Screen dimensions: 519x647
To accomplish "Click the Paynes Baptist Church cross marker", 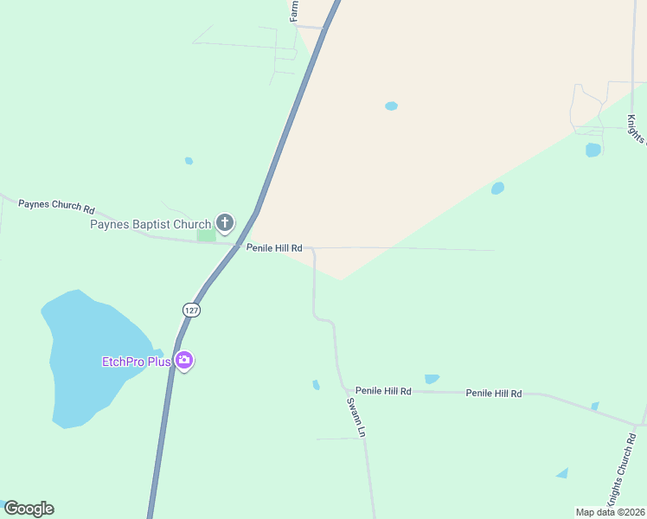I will pyautogui.click(x=225, y=224).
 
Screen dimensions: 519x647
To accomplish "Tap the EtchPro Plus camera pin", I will pyautogui.click(x=183, y=361).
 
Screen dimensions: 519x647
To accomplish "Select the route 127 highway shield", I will pyautogui.click(x=192, y=310).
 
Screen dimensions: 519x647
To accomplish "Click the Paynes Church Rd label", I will pyautogui.click(x=57, y=206).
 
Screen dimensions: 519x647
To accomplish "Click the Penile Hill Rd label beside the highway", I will pyautogui.click(x=273, y=248).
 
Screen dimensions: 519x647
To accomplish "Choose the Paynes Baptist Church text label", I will pyautogui.click(x=151, y=225).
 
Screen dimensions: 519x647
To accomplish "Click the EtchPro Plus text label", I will pyautogui.click(x=136, y=362).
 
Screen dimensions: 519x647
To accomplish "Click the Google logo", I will pyautogui.click(x=29, y=509).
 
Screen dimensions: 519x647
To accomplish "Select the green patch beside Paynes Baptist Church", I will pyautogui.click(x=206, y=235).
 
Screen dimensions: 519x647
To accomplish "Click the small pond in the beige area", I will pyautogui.click(x=391, y=106).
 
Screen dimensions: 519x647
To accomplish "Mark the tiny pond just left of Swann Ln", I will pyautogui.click(x=316, y=385).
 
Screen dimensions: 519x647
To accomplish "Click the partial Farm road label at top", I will pyautogui.click(x=294, y=10).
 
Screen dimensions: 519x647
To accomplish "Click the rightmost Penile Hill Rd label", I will pyautogui.click(x=494, y=394).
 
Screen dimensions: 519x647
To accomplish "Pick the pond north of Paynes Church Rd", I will pyautogui.click(x=189, y=161).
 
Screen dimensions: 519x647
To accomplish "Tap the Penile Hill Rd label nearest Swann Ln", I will pyautogui.click(x=383, y=392).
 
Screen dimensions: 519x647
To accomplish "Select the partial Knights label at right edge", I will pyautogui.click(x=636, y=130).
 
